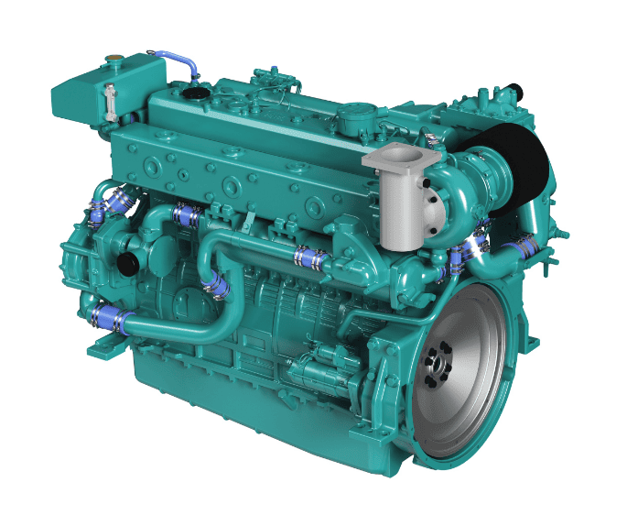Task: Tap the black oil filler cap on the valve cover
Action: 194,92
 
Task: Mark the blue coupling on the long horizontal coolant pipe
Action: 308,258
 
